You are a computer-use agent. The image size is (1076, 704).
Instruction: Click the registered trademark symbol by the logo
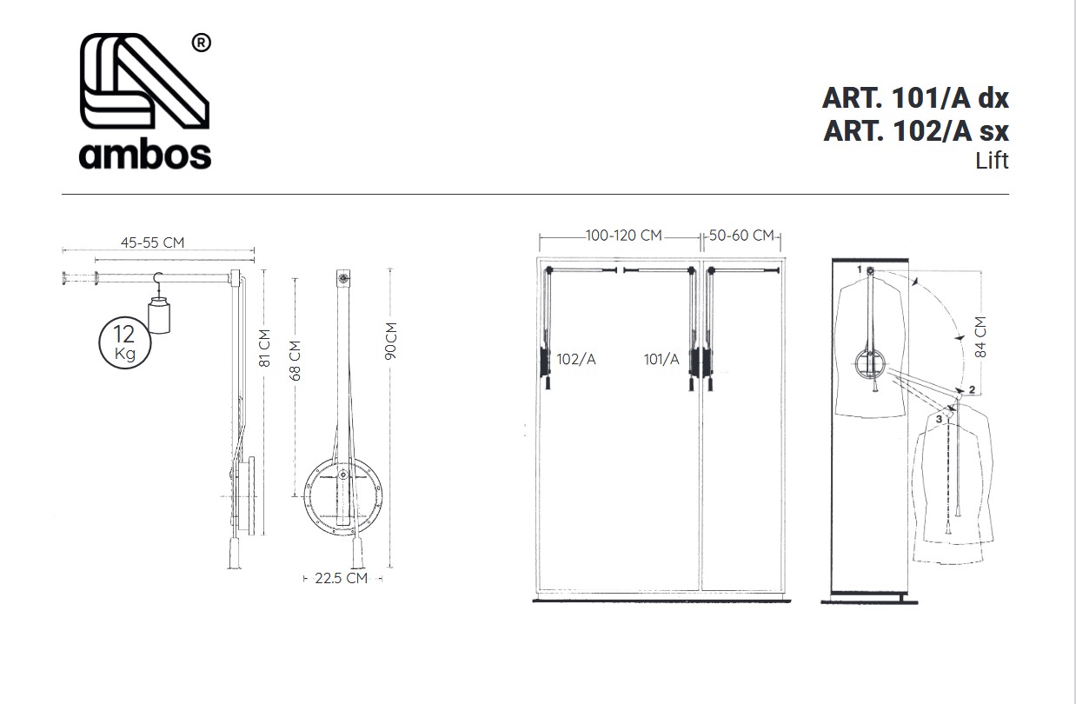tap(202, 43)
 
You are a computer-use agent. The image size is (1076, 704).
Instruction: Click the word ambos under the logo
tap(145, 155)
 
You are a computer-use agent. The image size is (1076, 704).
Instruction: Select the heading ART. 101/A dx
tap(915, 98)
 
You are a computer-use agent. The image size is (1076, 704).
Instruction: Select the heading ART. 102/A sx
tap(916, 130)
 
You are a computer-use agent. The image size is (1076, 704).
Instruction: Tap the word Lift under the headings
tap(992, 161)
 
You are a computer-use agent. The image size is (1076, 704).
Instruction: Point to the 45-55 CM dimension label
tap(152, 242)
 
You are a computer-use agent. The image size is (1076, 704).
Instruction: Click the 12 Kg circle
tap(125, 343)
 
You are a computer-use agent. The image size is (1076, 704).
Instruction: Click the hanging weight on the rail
tap(159, 315)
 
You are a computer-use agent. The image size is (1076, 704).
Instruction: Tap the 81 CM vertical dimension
tap(264, 349)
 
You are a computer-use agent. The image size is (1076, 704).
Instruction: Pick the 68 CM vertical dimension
tap(295, 361)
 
